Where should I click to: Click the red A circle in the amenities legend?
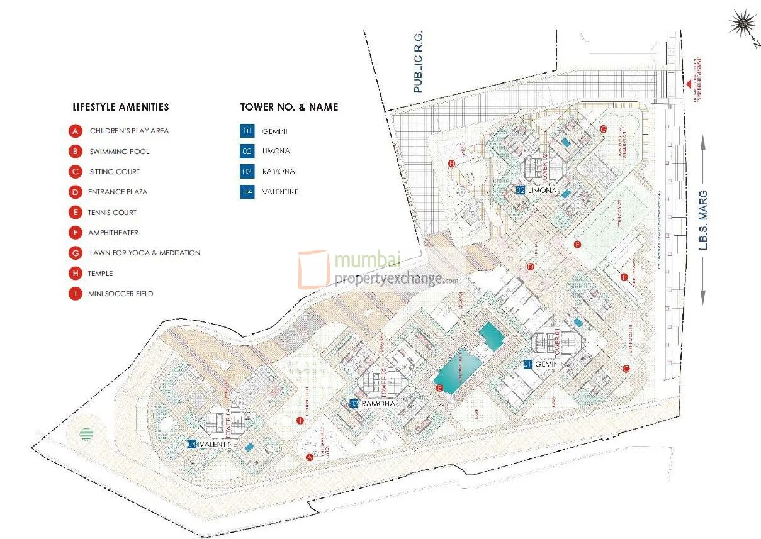click(x=76, y=131)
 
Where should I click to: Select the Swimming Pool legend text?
click(x=120, y=152)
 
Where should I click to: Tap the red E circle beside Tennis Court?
click(x=76, y=213)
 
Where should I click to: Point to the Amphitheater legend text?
click(x=113, y=233)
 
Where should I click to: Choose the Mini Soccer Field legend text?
click(x=121, y=294)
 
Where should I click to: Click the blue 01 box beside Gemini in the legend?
click(x=247, y=131)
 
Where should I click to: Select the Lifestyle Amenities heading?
click(x=121, y=107)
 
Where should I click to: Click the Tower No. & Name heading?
click(x=289, y=107)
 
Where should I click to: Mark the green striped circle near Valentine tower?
click(x=86, y=434)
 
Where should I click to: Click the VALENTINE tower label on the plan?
click(x=218, y=444)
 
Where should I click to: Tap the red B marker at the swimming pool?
click(x=440, y=388)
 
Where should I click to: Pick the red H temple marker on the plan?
click(x=451, y=164)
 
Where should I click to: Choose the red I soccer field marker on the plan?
click(x=300, y=420)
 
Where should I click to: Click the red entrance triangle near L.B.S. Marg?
click(x=689, y=84)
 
